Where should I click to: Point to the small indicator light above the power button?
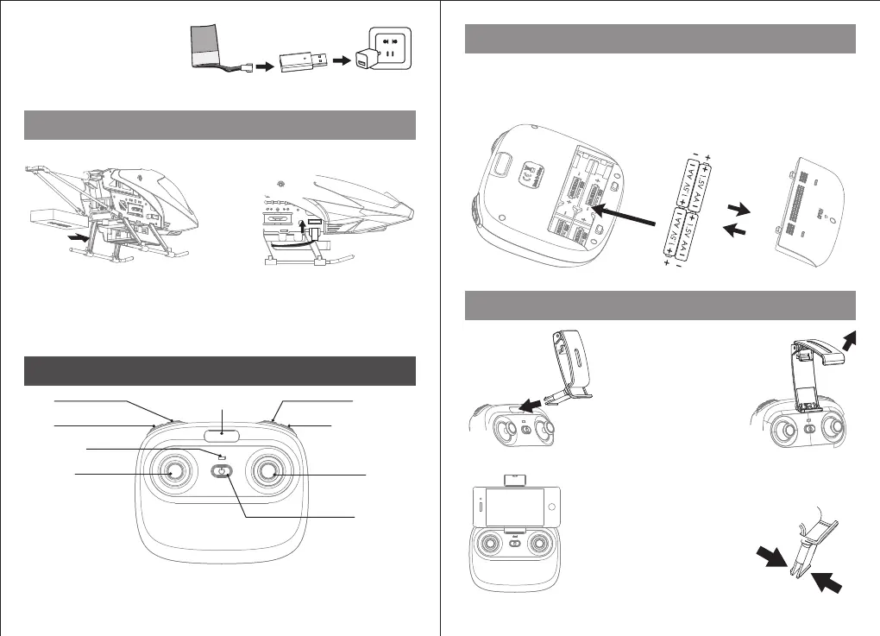point(222,457)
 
